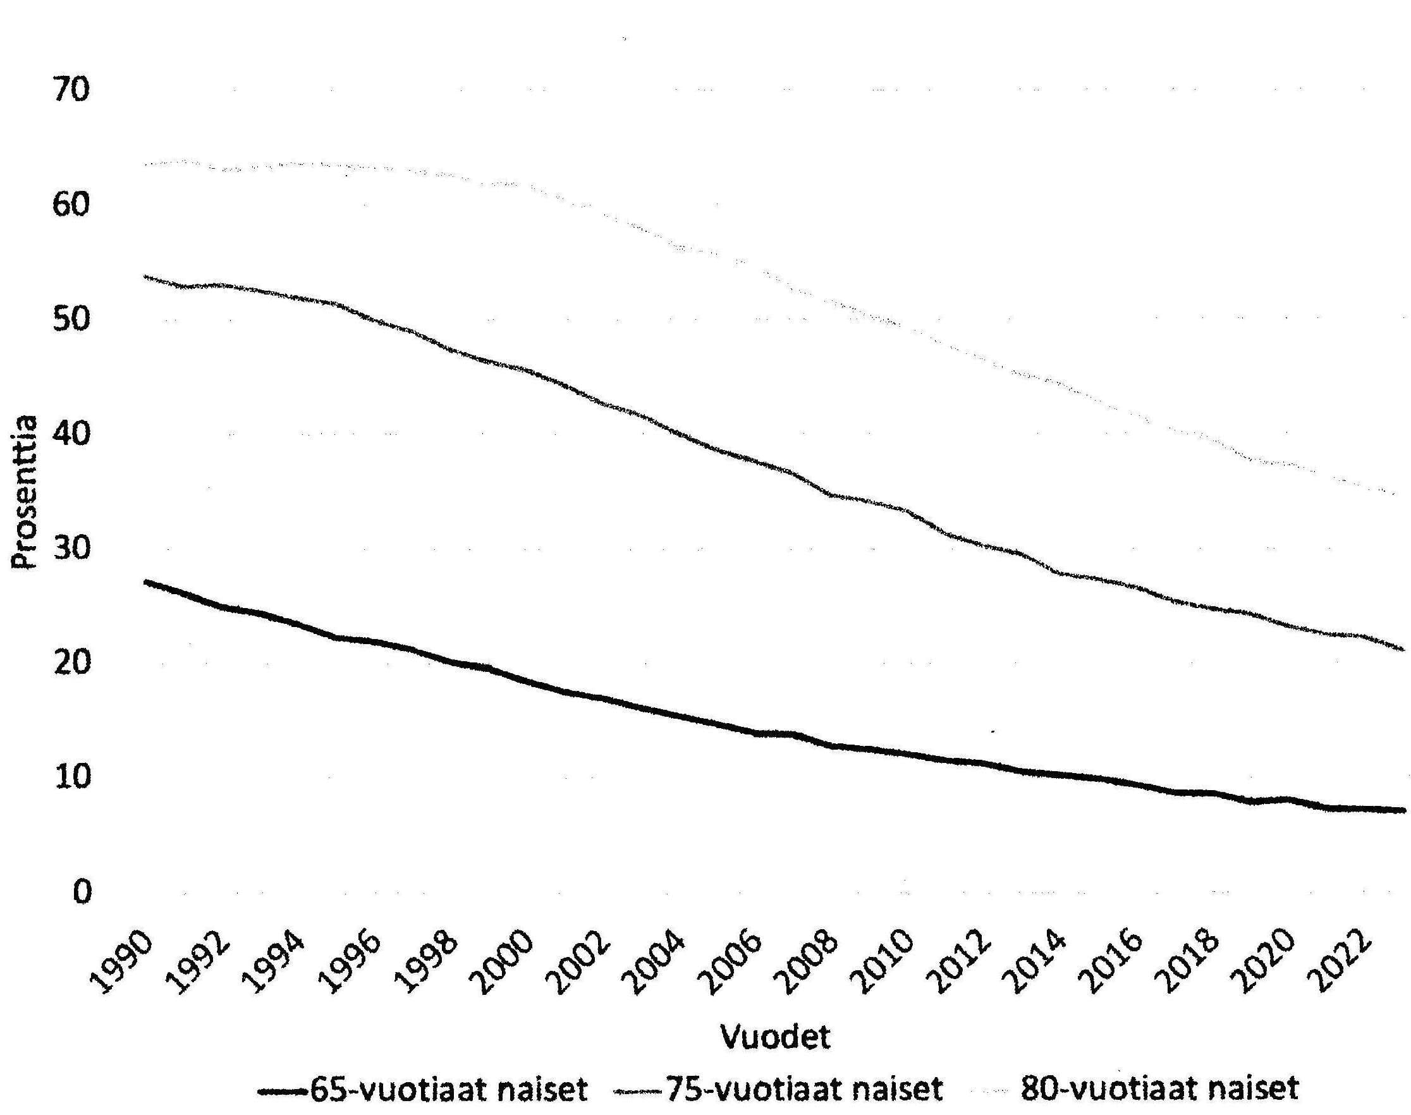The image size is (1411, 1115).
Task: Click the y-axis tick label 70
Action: click(x=71, y=90)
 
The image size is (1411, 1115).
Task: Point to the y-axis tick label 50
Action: click(x=71, y=320)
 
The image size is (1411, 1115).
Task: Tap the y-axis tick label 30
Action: click(x=71, y=549)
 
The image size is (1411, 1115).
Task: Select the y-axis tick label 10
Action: click(x=71, y=777)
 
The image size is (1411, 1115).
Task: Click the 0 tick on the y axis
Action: click(x=81, y=892)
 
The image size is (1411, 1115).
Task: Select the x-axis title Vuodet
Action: click(x=775, y=1036)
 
